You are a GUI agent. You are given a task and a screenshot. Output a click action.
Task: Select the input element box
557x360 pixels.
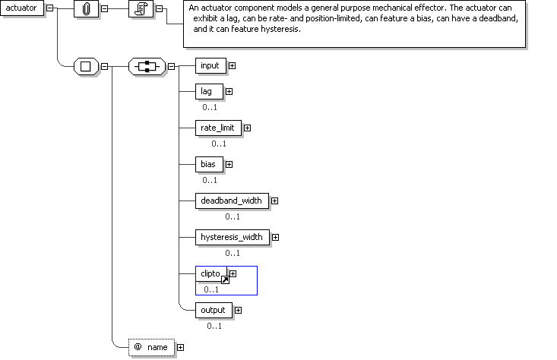coord(210,65)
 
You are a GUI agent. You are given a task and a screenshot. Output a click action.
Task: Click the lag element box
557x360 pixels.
coord(207,91)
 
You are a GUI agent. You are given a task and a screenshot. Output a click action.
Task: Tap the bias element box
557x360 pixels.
coord(207,163)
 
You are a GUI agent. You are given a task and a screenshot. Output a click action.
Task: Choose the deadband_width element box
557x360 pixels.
coord(231,201)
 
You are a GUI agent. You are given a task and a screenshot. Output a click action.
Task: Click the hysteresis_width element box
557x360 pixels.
coord(232,237)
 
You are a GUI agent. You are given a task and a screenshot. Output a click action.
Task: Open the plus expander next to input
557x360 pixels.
coord(232,65)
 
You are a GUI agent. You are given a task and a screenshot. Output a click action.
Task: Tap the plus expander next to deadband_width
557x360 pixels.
coord(274,201)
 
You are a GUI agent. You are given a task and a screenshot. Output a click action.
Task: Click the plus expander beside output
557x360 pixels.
coord(239,310)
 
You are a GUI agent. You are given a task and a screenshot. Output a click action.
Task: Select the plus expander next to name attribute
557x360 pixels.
coord(180,347)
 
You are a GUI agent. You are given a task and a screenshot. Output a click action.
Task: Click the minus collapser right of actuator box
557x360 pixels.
coord(49,8)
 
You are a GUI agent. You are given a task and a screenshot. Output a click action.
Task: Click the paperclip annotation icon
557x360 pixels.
coord(86,9)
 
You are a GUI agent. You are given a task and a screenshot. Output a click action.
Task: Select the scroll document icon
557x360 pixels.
coord(141,9)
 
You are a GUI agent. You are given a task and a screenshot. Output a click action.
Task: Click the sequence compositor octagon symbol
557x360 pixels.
coord(147,66)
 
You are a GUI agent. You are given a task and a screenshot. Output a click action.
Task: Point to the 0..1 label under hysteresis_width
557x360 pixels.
coord(233,253)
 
